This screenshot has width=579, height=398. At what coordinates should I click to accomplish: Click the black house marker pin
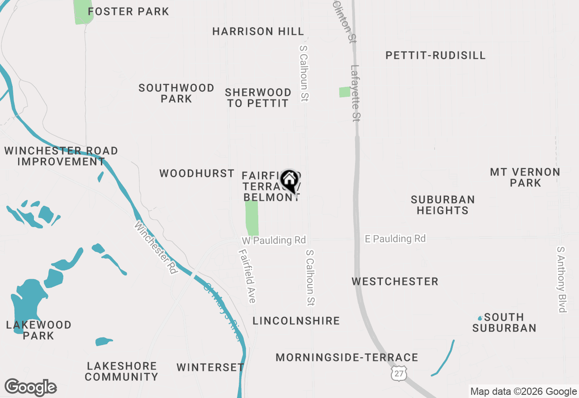point(289,181)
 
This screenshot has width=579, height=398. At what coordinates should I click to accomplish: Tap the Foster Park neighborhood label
point(128,11)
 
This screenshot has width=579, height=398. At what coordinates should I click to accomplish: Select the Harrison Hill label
point(258,31)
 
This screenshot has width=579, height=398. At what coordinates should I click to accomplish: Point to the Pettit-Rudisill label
point(435,55)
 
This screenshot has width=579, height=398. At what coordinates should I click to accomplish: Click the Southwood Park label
point(176,93)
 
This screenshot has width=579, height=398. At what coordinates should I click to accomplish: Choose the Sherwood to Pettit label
point(258,98)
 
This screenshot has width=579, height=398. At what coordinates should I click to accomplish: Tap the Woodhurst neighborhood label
point(197,173)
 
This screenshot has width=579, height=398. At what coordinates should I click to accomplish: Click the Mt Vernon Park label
point(525,177)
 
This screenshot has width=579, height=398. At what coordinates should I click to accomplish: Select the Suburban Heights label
point(442,205)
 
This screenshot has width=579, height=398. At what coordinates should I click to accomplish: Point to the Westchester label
point(395,281)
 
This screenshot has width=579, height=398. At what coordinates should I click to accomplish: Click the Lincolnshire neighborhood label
point(296,321)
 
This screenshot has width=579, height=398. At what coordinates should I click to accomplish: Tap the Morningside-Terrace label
point(346,357)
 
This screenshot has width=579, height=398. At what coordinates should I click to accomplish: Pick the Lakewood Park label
point(39,330)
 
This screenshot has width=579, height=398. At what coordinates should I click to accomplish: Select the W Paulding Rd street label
point(274,240)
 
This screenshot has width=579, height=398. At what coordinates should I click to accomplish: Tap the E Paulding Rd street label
point(395,238)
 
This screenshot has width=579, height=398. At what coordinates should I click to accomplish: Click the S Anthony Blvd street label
point(561,279)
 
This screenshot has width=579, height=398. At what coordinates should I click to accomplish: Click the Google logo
point(30,387)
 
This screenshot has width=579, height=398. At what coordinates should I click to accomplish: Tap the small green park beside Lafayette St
point(345,92)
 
